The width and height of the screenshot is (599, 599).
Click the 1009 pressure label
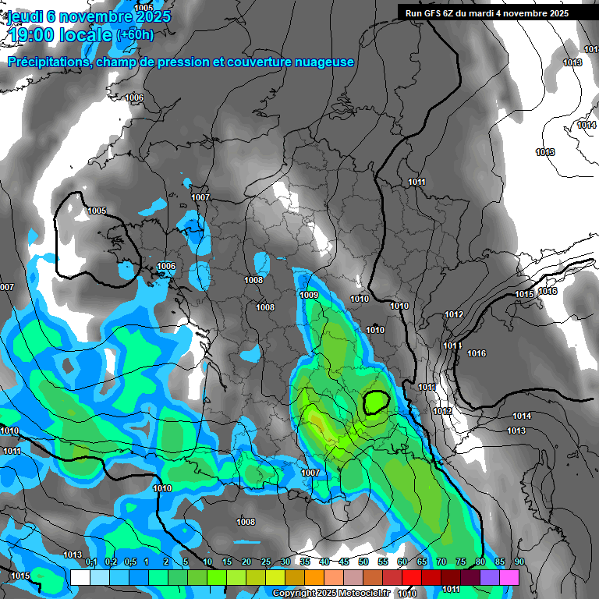(x=309, y=295)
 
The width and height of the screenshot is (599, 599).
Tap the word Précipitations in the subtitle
(x=46, y=62)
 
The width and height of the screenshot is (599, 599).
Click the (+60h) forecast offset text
(x=135, y=34)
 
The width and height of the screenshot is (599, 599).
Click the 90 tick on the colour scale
(x=519, y=562)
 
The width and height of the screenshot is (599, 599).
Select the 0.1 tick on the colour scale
(x=90, y=562)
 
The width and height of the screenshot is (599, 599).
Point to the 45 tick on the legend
(x=344, y=562)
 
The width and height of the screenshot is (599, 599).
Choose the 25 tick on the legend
(x=266, y=562)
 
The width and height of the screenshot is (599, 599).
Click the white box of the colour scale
(x=80, y=577)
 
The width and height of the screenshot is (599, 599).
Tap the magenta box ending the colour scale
(x=509, y=577)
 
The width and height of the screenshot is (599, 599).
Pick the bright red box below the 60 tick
(x=412, y=577)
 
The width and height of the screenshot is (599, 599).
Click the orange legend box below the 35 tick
(x=314, y=577)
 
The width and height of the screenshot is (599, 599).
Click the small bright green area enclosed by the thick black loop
(x=377, y=402)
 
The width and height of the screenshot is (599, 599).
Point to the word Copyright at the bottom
(x=292, y=593)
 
